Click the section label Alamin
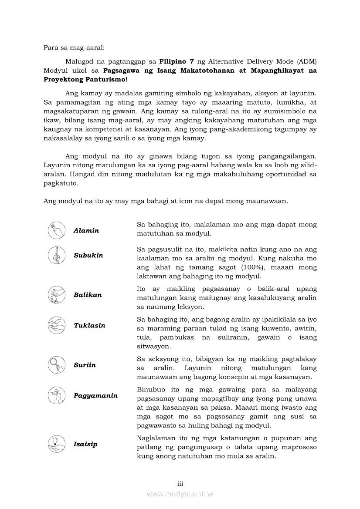point(86,231)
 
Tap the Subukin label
point(88,256)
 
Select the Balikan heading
point(88,295)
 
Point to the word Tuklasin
point(89,326)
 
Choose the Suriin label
point(85,365)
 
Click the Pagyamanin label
point(95,396)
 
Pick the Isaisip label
point(85,444)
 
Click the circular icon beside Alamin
point(57,230)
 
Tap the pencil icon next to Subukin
point(57,255)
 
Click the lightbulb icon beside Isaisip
point(57,444)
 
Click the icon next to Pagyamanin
point(57,395)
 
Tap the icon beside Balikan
point(57,295)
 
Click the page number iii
point(180,484)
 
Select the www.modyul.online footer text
point(180,494)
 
